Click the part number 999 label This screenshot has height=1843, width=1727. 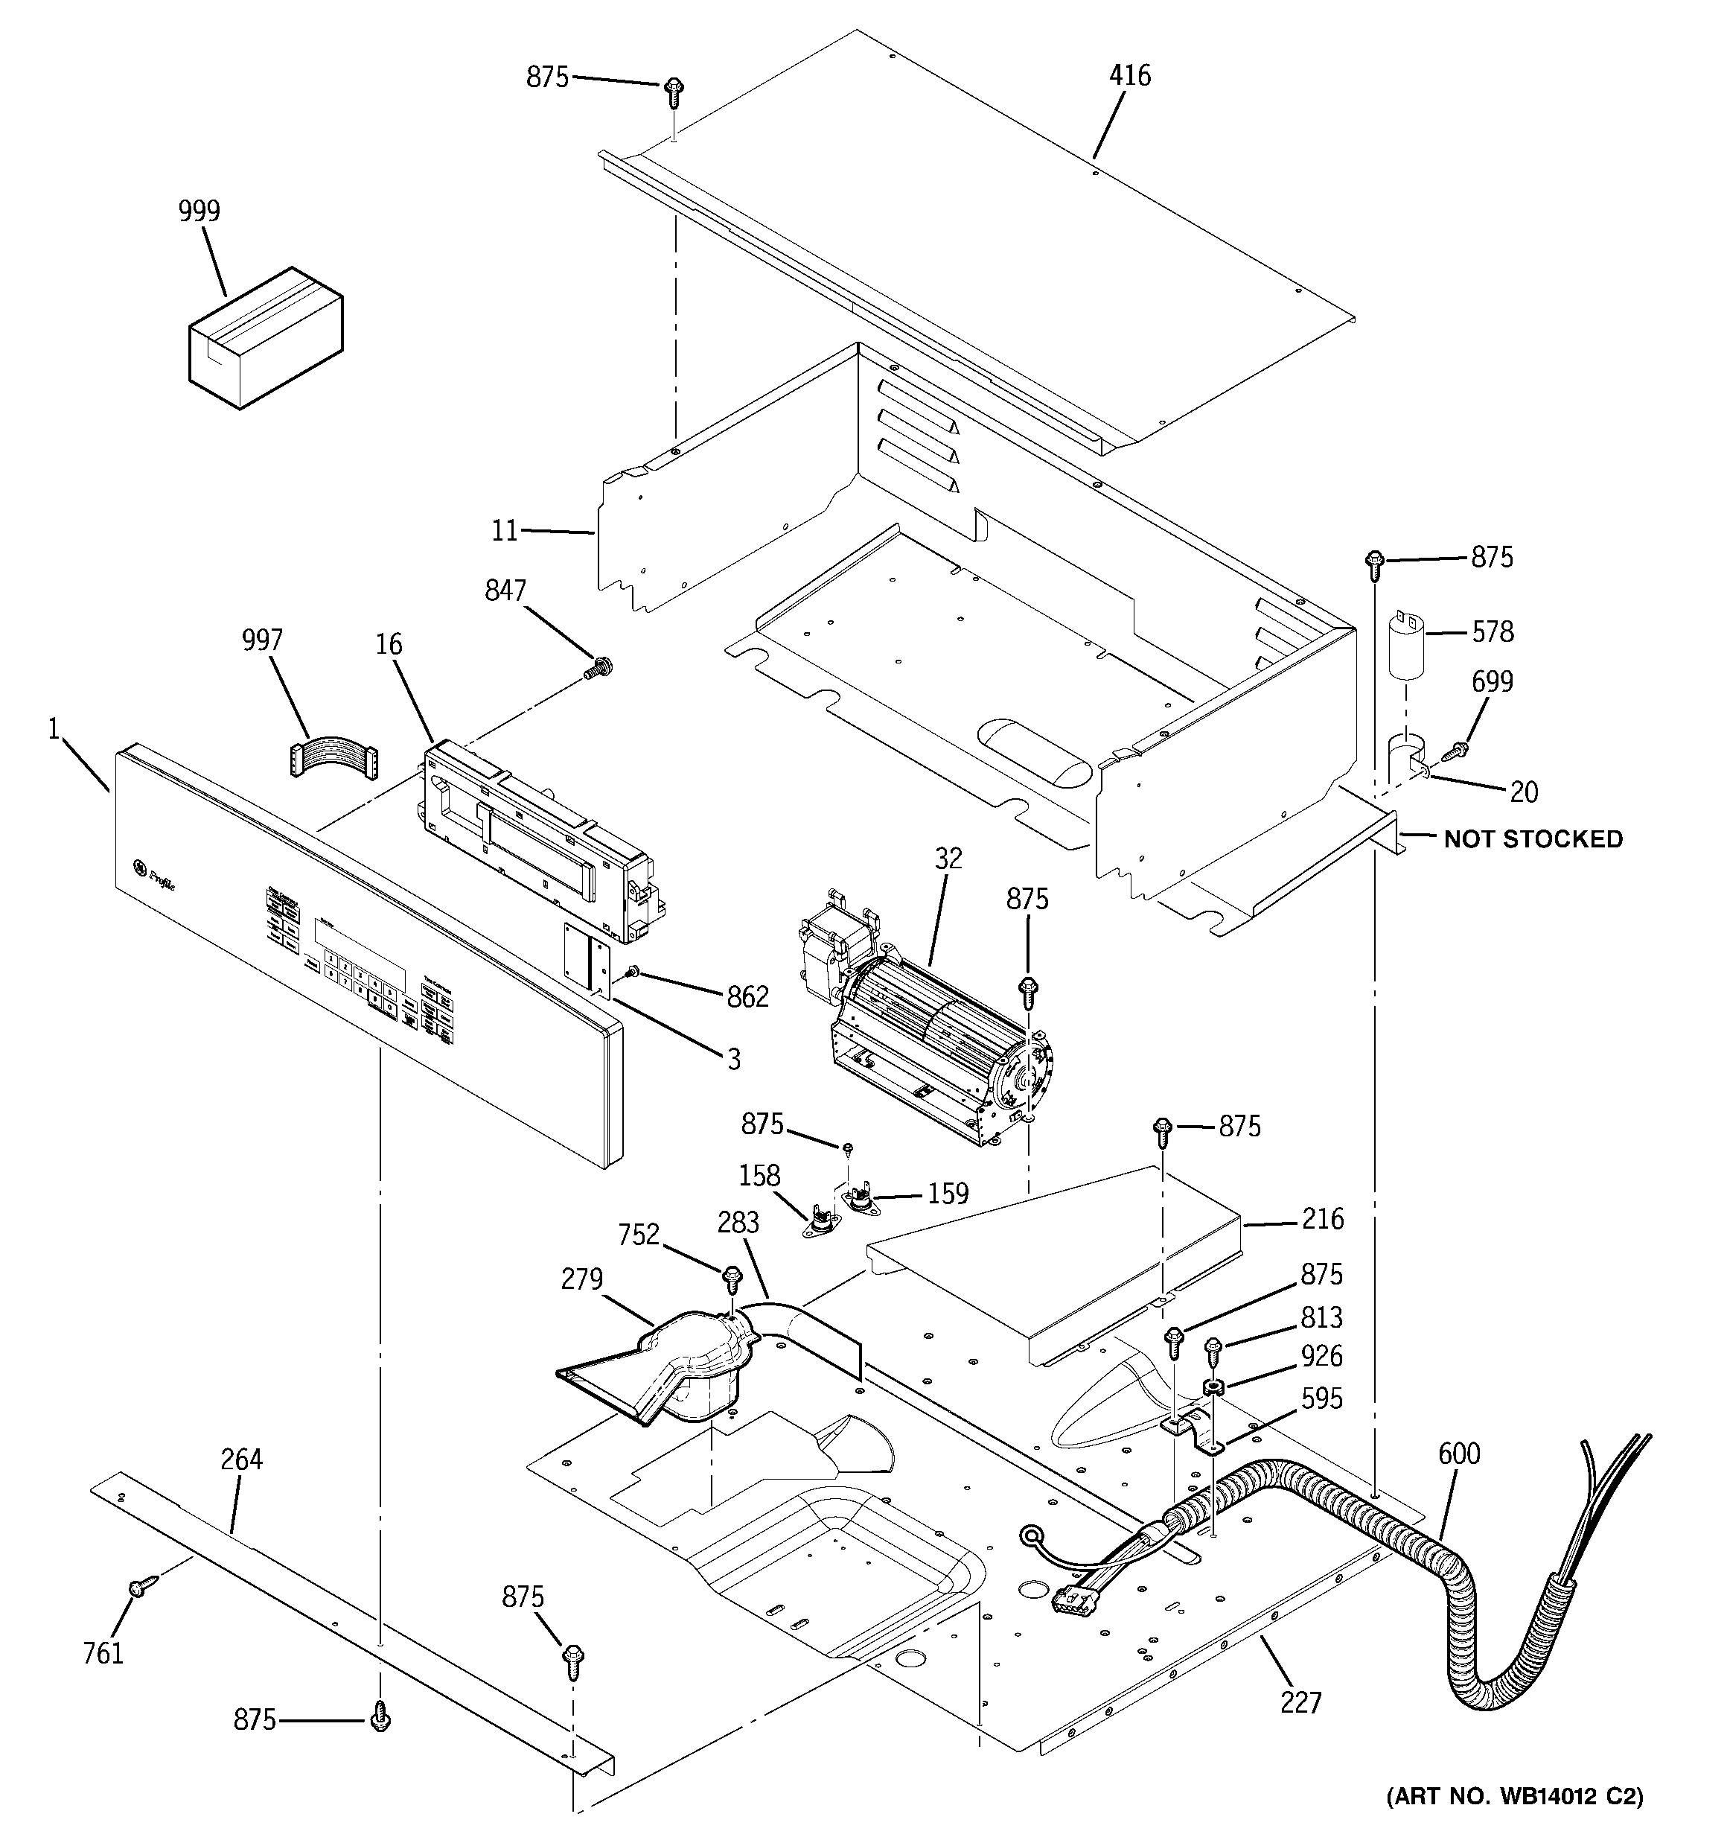tap(199, 212)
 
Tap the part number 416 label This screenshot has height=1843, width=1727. tap(1129, 75)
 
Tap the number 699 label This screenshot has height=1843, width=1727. tap(1493, 682)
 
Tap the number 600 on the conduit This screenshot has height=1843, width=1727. tap(1459, 1454)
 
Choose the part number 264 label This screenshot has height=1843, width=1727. tap(242, 1460)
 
